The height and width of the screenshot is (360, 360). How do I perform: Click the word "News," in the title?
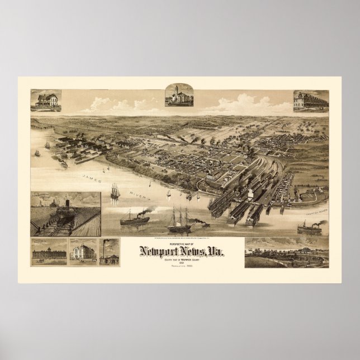[193, 252]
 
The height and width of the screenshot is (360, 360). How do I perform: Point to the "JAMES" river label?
[92, 178]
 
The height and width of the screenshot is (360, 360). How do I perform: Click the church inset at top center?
[179, 95]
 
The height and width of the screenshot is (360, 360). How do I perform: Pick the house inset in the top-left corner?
[46, 100]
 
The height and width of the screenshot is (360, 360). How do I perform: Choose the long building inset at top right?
[310, 101]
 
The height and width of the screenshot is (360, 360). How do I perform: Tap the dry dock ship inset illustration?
[65, 214]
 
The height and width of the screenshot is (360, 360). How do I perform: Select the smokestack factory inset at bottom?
[110, 252]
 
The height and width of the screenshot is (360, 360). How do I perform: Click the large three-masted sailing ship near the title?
[179, 221]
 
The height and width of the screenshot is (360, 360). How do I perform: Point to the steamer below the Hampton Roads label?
[309, 228]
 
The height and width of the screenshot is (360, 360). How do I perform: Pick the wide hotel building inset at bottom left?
[48, 253]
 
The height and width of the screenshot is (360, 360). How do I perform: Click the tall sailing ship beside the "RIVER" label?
[115, 191]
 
